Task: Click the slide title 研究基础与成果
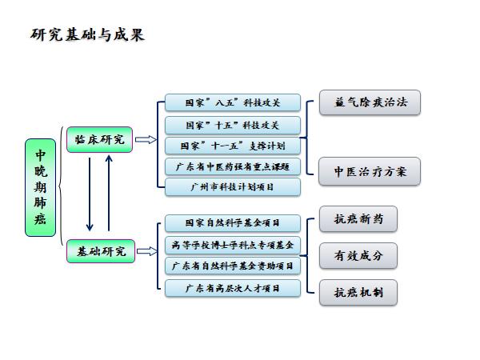(x=87, y=35)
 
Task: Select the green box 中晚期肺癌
(x=40, y=188)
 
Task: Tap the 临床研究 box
(x=100, y=139)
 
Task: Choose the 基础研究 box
(x=100, y=251)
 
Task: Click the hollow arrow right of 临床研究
(x=146, y=140)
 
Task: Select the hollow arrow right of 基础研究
(x=146, y=251)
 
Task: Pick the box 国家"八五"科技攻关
(x=232, y=103)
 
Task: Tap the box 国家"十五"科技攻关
(x=232, y=125)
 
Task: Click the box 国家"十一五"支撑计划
(x=232, y=146)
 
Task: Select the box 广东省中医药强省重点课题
(x=232, y=166)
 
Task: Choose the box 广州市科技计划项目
(x=232, y=187)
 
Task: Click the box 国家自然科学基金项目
(x=232, y=223)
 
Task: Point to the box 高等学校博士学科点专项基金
(x=232, y=244)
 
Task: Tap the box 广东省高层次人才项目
(x=232, y=287)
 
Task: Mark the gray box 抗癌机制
(x=358, y=292)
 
